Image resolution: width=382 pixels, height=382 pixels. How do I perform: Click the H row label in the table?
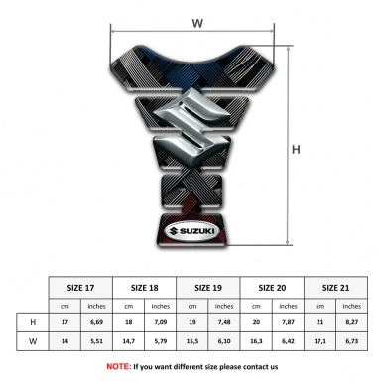click(33, 323)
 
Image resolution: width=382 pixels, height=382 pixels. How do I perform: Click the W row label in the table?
click(33, 343)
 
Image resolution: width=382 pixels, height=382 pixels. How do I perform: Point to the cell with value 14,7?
click(129, 343)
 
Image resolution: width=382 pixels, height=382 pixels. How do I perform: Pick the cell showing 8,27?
click(351, 323)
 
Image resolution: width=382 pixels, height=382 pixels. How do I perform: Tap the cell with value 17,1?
click(319, 343)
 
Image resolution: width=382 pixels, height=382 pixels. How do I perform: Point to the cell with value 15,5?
click(193, 343)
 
